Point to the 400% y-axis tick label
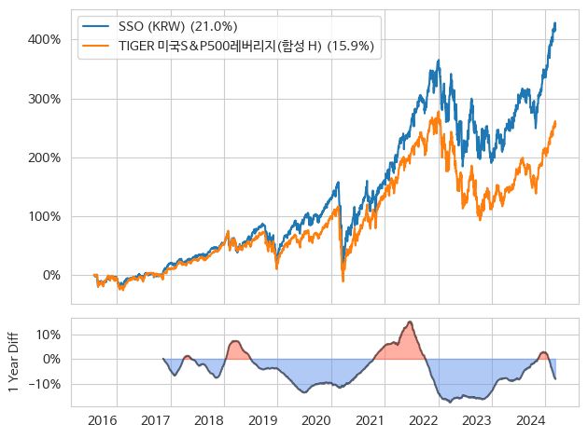[46, 40]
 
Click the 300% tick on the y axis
[46, 99]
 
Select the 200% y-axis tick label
[46, 157]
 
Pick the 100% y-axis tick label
[46, 216]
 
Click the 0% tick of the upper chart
[51, 275]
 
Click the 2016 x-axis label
[102, 421]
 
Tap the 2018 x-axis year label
[209, 421]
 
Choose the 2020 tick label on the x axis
[316, 421]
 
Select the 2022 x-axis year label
[424, 421]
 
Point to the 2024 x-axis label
[531, 421]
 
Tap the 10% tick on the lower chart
[49, 335]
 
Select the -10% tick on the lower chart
[46, 383]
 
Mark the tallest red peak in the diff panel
[409, 322]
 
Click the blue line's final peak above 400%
[555, 23]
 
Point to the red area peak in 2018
[234, 342]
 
